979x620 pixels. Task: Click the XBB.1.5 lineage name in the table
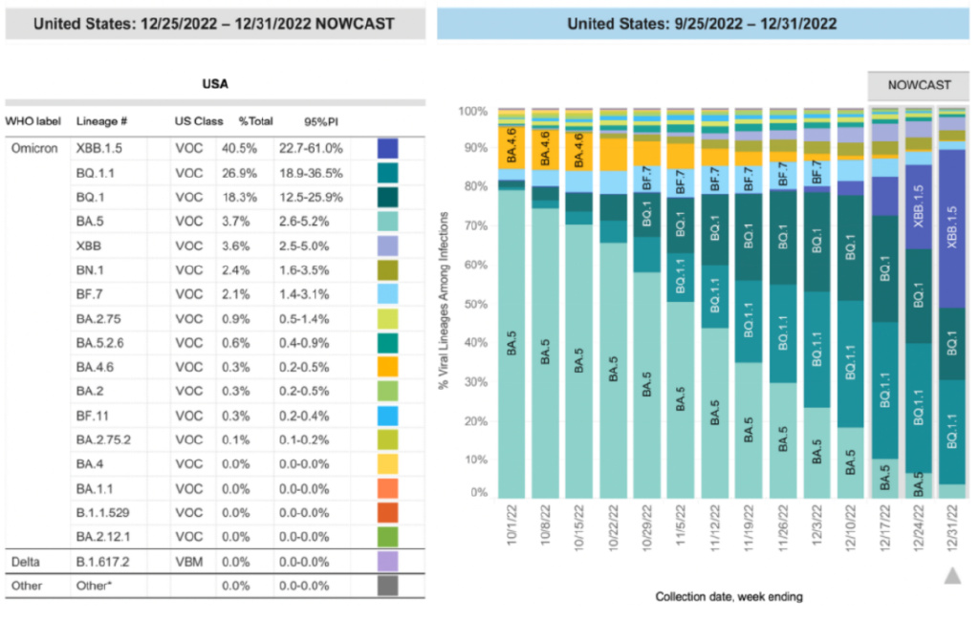99,148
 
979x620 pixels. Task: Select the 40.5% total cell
255,148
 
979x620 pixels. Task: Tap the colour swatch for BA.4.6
387,365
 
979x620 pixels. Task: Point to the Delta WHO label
27,560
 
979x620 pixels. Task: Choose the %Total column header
255,121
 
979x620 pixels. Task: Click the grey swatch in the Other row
387,585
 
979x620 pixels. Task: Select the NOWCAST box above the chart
918,85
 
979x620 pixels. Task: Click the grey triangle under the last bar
951,575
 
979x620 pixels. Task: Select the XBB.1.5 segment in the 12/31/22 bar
951,229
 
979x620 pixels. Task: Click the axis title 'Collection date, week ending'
729,597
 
